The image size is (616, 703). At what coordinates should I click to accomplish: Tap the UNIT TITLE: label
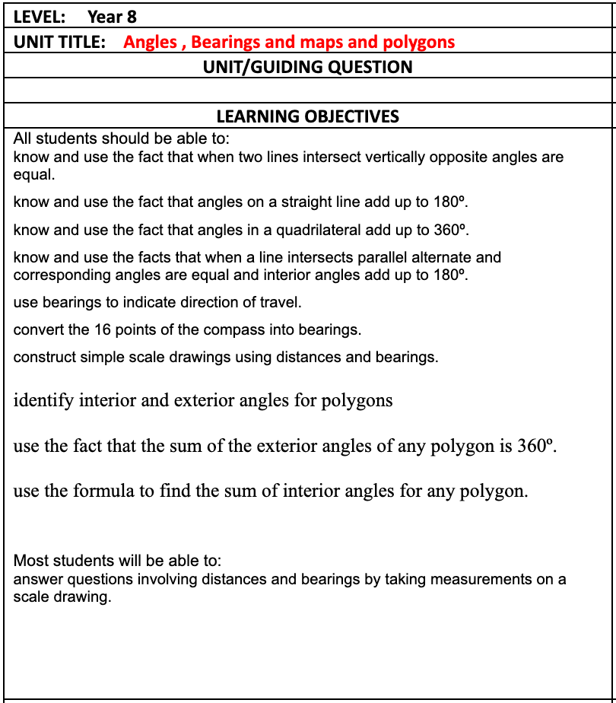click(x=59, y=42)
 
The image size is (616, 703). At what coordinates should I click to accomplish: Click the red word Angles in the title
click(x=150, y=42)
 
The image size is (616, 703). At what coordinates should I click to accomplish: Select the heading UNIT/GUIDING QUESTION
click(x=307, y=67)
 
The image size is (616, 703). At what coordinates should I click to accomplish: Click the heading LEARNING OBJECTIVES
click(x=307, y=116)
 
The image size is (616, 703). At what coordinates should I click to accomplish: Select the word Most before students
click(x=30, y=561)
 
